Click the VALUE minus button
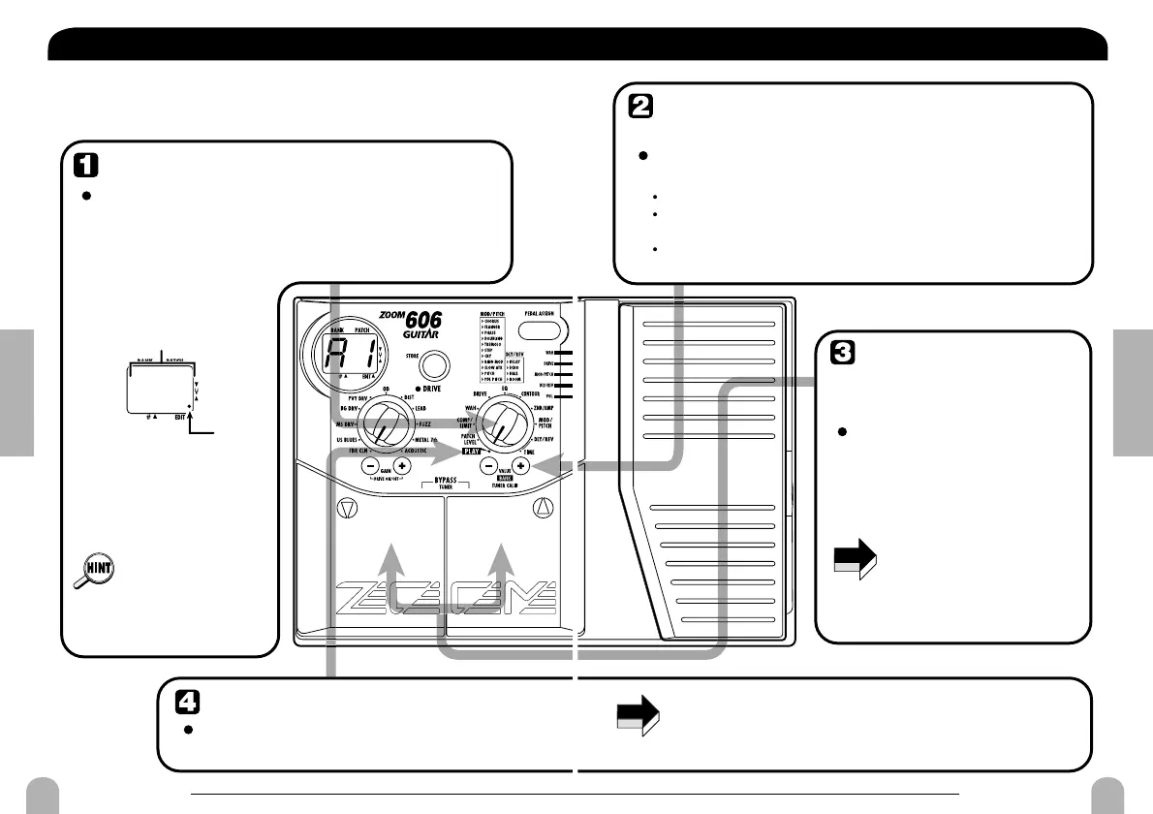click(489, 465)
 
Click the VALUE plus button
click(520, 465)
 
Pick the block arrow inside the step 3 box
click(855, 561)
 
